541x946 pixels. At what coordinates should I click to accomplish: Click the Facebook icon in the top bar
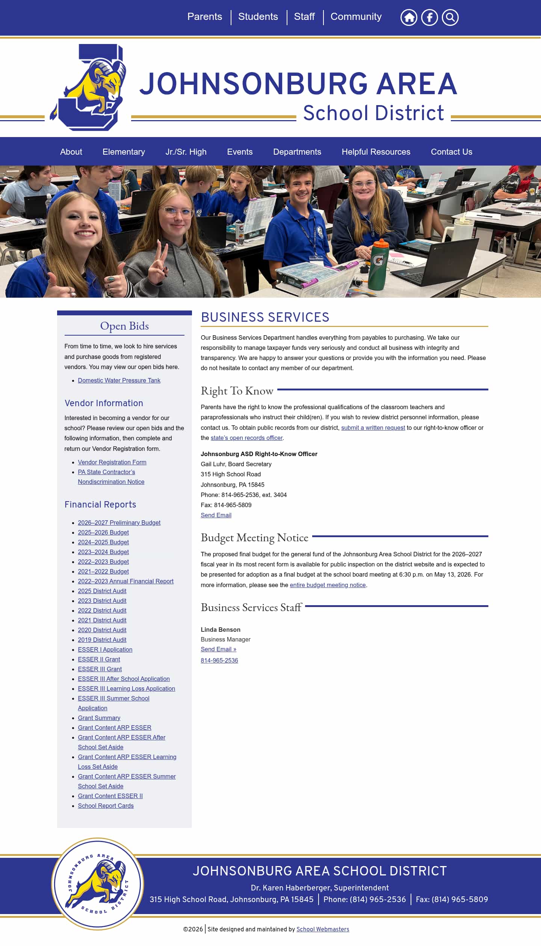click(x=429, y=17)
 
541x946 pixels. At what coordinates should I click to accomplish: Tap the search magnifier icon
click(x=450, y=17)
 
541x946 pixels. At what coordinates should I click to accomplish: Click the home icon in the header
click(x=409, y=17)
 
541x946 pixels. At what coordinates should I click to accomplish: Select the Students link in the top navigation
click(x=258, y=17)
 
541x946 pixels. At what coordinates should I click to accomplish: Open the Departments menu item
click(x=297, y=152)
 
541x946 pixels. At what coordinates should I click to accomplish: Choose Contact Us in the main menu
click(x=451, y=152)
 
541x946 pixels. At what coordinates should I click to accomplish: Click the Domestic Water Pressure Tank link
click(x=119, y=380)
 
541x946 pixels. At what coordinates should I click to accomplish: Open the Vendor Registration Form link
click(x=112, y=462)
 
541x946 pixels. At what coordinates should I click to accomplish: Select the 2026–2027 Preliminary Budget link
click(x=119, y=523)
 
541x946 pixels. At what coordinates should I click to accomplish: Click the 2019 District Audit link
click(x=102, y=640)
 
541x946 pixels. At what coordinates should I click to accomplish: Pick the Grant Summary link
click(x=99, y=718)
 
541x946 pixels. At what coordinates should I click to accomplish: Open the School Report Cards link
click(x=106, y=806)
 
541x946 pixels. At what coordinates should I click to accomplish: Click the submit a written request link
click(x=373, y=428)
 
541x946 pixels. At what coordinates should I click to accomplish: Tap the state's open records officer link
click(x=246, y=438)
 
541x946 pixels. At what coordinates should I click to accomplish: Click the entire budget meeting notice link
click(x=328, y=585)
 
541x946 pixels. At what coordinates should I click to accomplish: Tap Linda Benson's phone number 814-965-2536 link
click(x=219, y=660)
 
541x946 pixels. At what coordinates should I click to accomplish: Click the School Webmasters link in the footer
click(x=323, y=929)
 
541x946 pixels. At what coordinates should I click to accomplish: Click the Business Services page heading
click(x=265, y=317)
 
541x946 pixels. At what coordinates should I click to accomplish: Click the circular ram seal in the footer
click(x=98, y=884)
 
